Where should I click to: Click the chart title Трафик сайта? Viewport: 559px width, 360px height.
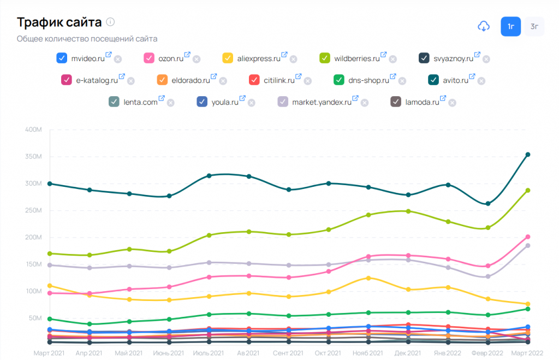pyautogui.click(x=59, y=22)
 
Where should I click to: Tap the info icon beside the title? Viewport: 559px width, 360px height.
pyautogui.click(x=110, y=22)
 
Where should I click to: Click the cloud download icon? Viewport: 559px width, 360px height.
pyautogui.click(x=483, y=26)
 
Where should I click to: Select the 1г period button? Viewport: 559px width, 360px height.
pyautogui.click(x=510, y=26)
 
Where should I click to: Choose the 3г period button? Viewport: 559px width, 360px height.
pyautogui.click(x=534, y=26)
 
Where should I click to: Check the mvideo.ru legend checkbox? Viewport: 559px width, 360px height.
pyautogui.click(x=62, y=58)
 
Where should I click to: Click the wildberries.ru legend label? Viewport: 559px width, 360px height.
pyautogui.click(x=356, y=58)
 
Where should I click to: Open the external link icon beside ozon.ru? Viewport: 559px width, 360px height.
pyautogui.click(x=187, y=55)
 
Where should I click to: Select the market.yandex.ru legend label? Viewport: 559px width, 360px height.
pyautogui.click(x=322, y=102)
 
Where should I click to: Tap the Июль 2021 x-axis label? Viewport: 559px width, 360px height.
pyautogui.click(x=209, y=353)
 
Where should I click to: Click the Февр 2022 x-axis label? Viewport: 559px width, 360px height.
pyautogui.click(x=487, y=353)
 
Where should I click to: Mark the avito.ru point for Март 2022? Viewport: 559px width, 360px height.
pyautogui.click(x=528, y=155)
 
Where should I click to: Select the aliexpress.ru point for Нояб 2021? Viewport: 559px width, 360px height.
pyautogui.click(x=368, y=278)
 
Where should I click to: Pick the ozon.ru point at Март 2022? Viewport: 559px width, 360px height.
pyautogui.click(x=528, y=237)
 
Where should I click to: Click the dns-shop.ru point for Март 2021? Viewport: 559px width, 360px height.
pyautogui.click(x=50, y=318)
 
